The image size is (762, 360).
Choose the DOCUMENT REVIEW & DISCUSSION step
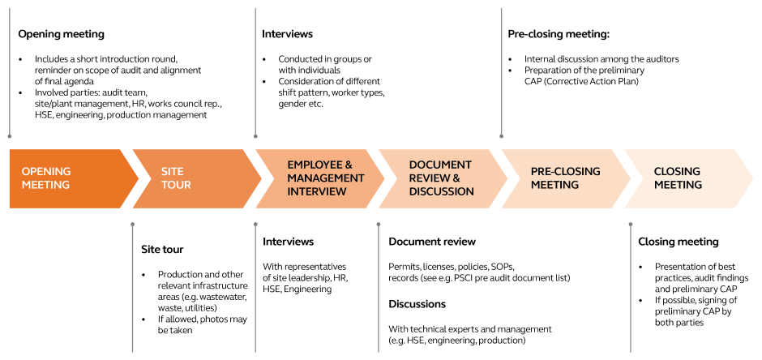441,178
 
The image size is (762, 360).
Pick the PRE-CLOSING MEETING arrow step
565,178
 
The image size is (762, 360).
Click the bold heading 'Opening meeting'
61,34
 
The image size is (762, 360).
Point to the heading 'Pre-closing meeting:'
559,34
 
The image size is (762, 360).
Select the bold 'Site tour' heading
162,250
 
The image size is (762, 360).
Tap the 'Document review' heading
431,242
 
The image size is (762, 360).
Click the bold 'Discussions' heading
417,304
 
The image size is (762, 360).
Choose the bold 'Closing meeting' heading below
678,242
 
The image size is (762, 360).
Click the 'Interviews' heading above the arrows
287,34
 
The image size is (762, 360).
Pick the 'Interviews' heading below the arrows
288,242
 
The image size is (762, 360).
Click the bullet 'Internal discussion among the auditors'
601,59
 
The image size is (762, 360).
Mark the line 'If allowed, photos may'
202,319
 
